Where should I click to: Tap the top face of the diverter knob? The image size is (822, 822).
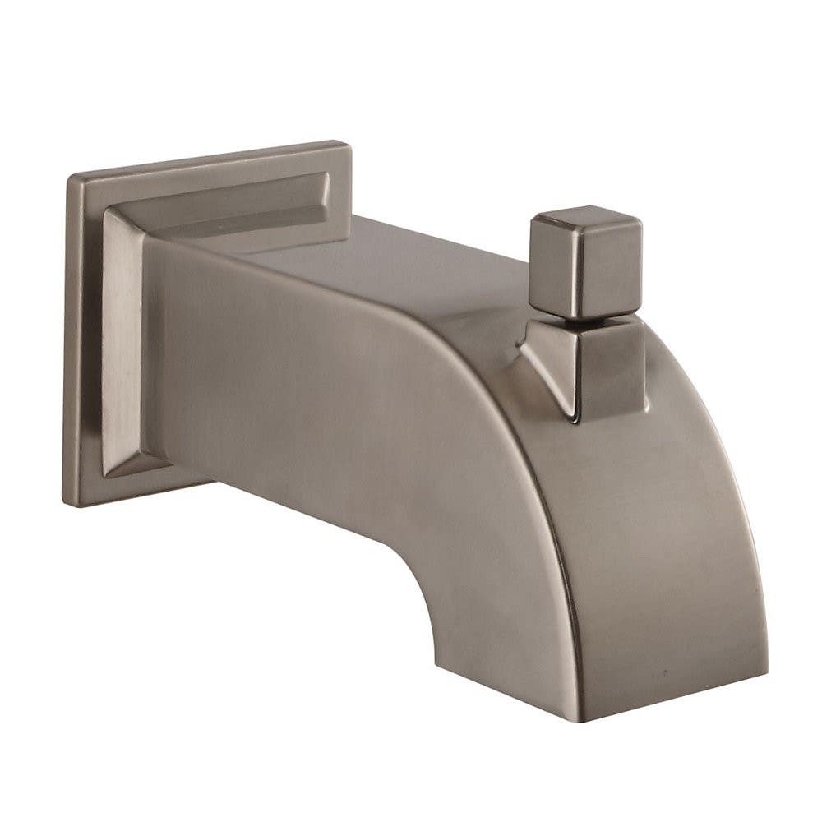tap(585, 220)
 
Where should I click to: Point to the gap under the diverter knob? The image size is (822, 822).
tap(585, 317)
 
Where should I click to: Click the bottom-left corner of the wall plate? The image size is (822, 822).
tap(65, 504)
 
